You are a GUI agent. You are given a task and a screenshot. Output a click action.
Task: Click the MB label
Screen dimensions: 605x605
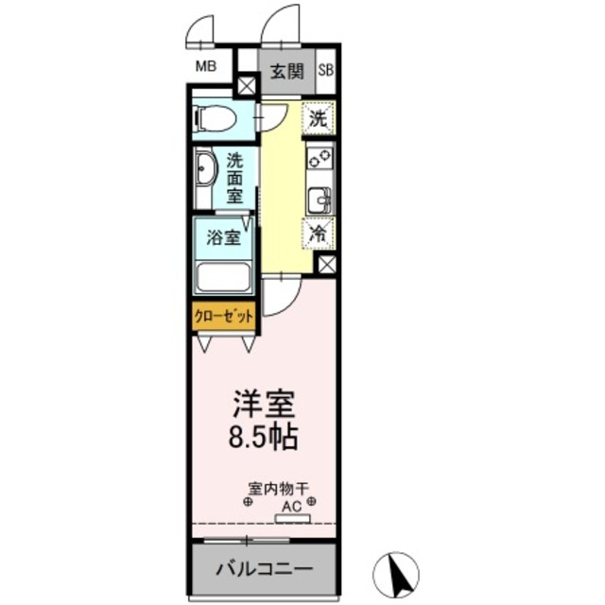pyautogui.click(x=205, y=66)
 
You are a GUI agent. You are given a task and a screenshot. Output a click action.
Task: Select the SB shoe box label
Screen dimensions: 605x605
pyautogui.click(x=325, y=69)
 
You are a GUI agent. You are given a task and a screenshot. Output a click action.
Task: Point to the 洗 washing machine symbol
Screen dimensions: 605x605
pyautogui.click(x=320, y=119)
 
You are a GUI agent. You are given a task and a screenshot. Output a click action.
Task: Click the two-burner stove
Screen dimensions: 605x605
pyautogui.click(x=320, y=160)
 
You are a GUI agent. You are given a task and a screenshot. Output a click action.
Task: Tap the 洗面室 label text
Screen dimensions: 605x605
pyautogui.click(x=234, y=177)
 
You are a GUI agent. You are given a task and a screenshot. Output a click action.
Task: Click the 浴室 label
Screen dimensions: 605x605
pyautogui.click(x=223, y=237)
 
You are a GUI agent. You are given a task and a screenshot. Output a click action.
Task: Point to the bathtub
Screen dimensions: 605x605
pyautogui.click(x=222, y=278)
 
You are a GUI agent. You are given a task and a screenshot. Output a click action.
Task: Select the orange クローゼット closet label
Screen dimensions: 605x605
pyautogui.click(x=224, y=317)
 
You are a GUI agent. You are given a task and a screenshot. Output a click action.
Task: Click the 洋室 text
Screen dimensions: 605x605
pyautogui.click(x=265, y=404)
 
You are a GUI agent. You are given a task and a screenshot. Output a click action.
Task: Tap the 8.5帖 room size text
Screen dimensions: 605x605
pyautogui.click(x=266, y=437)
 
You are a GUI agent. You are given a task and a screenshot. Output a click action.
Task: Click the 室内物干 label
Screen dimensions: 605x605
pyautogui.click(x=279, y=489)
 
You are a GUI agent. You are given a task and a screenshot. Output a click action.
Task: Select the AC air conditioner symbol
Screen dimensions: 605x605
pyautogui.click(x=291, y=511)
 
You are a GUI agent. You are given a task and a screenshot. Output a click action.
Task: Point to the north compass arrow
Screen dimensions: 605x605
pyautogui.click(x=400, y=571)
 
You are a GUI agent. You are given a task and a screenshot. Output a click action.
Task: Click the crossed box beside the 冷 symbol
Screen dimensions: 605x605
pyautogui.click(x=326, y=266)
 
